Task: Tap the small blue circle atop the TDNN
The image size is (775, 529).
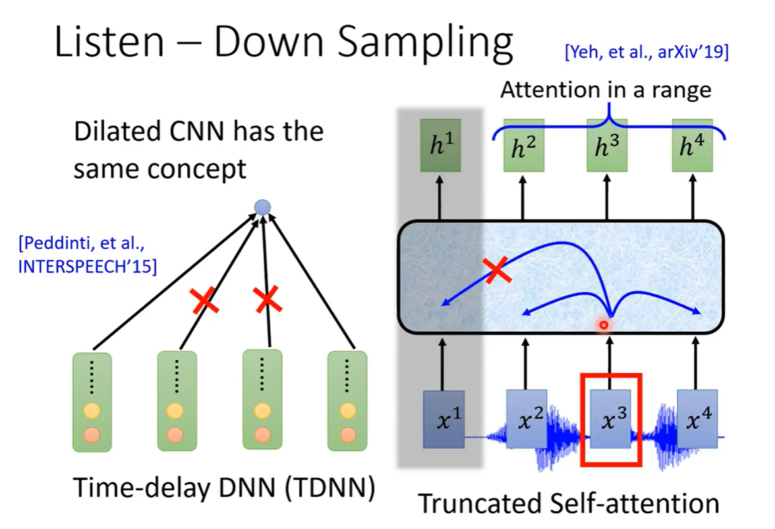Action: click(262, 208)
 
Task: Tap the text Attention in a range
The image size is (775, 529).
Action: click(606, 90)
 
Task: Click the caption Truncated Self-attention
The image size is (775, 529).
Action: click(568, 503)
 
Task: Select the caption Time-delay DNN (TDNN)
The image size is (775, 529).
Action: click(223, 488)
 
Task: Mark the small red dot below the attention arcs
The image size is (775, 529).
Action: click(602, 325)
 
